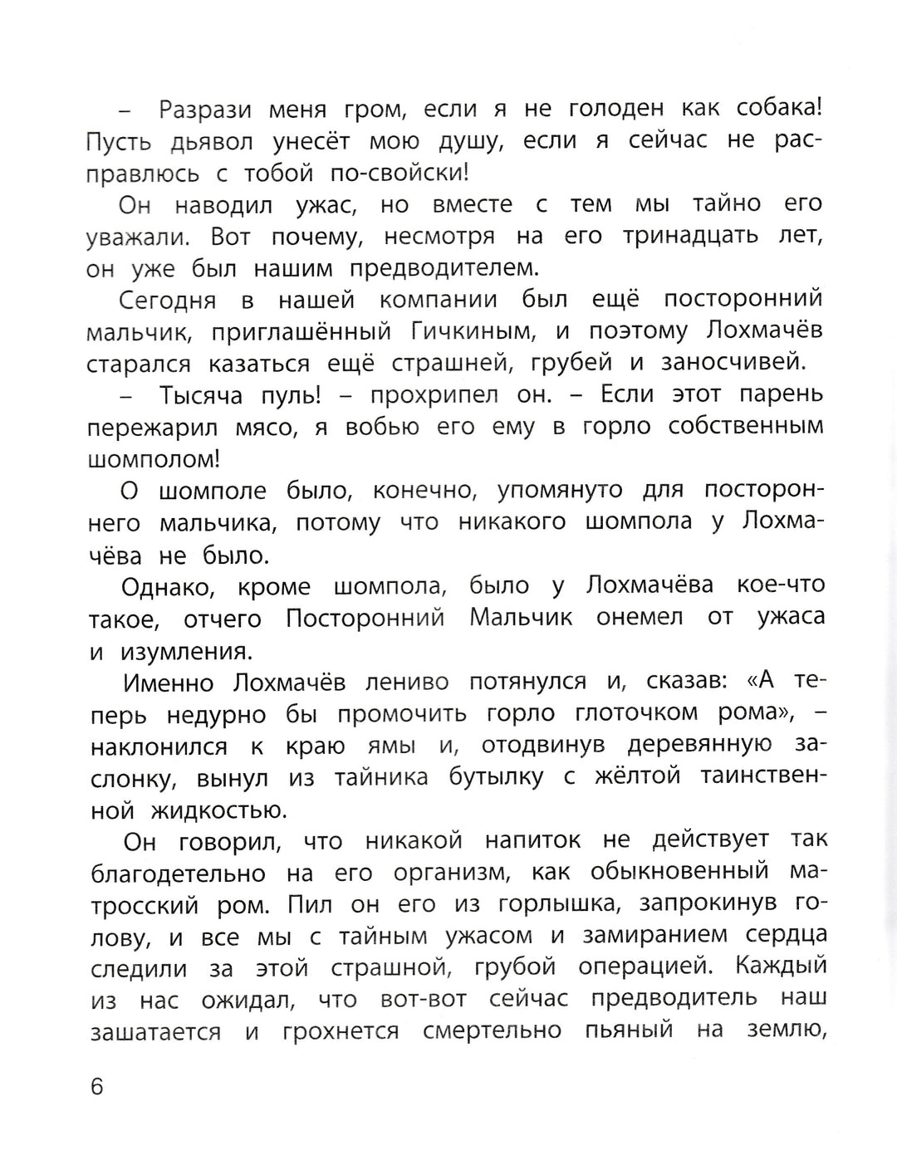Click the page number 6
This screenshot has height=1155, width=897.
click(97, 1086)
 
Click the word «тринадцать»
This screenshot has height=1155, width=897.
click(691, 237)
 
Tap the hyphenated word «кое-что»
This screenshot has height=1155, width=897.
click(781, 585)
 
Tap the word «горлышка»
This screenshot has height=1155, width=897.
click(605, 905)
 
